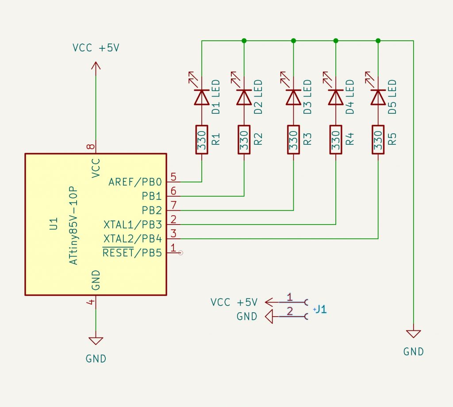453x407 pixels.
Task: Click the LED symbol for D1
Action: pos(202,97)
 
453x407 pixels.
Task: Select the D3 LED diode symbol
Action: pos(293,97)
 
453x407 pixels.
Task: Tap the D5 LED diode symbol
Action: pos(378,97)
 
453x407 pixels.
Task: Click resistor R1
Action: pos(202,140)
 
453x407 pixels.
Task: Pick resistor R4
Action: pos(336,140)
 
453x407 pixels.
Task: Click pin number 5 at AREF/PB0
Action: pos(173,177)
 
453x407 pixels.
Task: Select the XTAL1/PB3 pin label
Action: pos(132,224)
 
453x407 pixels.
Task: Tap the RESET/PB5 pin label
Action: pos(132,253)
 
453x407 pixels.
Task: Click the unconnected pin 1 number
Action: pos(173,248)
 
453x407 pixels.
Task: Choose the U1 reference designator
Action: pos(54,224)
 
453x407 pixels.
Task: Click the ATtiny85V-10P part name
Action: pos(73,225)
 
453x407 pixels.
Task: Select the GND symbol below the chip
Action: pos(96,341)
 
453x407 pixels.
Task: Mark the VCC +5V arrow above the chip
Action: pos(96,66)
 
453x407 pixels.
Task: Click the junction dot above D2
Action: pos(244,41)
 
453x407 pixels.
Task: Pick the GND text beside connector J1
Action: pos(247,317)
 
